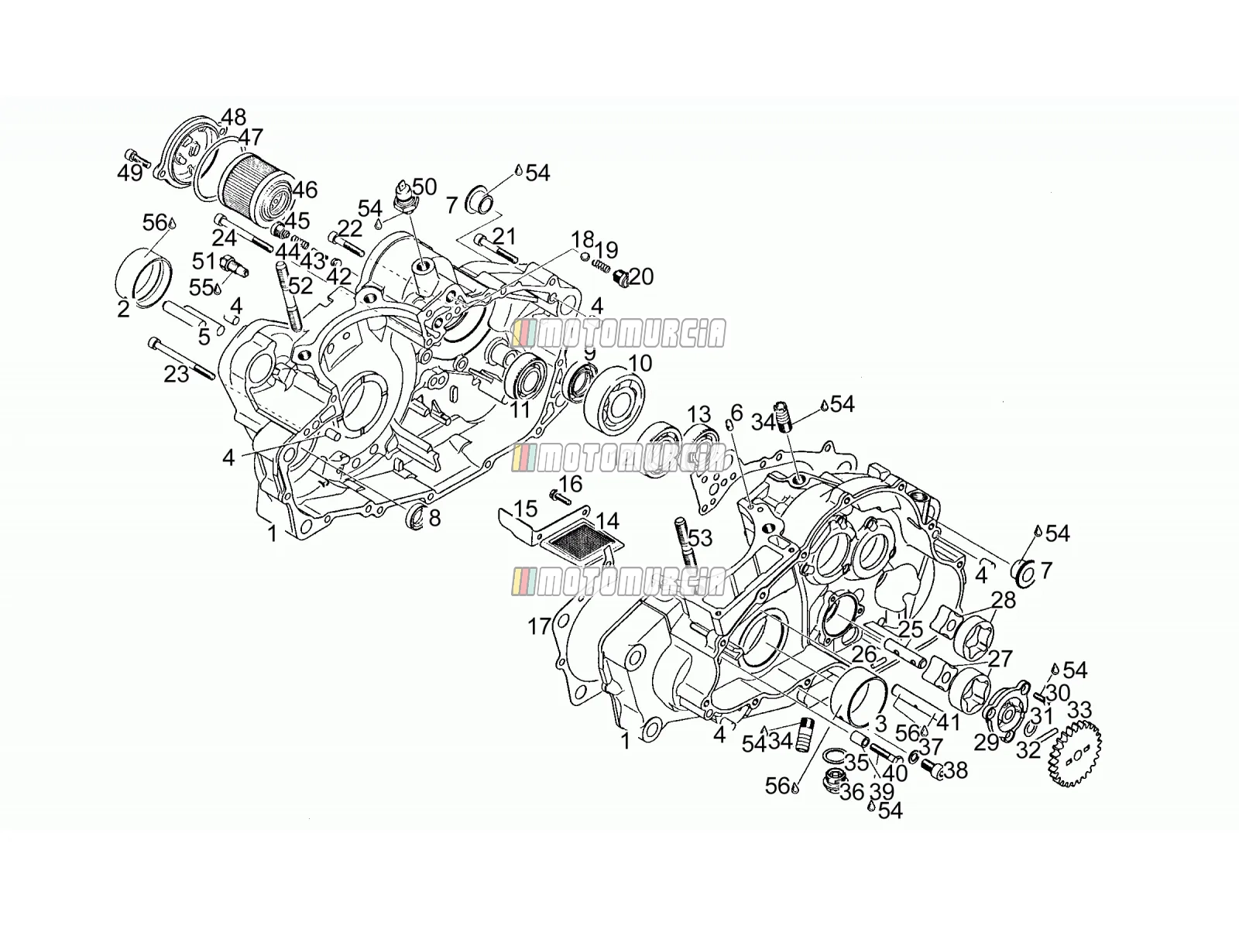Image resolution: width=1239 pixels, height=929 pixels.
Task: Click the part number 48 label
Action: coord(233,118)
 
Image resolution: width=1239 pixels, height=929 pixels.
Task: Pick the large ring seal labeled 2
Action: coord(143,277)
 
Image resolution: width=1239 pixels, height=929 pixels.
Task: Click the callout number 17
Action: coord(538,626)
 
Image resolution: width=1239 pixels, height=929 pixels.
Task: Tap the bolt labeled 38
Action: coord(932,768)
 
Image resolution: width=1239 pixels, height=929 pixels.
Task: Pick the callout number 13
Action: coord(698,414)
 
